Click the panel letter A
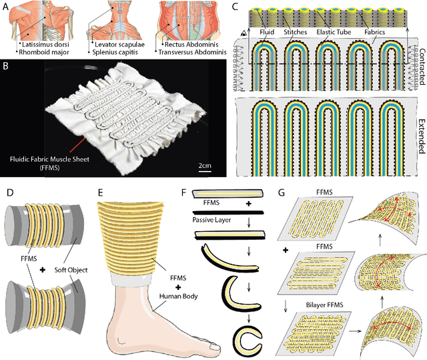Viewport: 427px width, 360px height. click(5, 5)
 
